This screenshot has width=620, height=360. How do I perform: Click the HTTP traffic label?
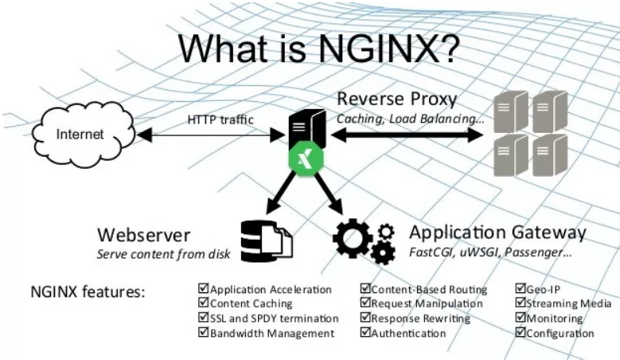(x=220, y=120)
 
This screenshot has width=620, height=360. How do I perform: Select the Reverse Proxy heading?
(x=396, y=100)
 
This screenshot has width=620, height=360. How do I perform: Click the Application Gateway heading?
(x=497, y=233)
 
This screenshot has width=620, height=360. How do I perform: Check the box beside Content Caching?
(x=203, y=303)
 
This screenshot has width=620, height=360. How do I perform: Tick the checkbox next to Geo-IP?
(x=521, y=289)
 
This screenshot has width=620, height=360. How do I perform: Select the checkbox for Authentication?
(x=365, y=333)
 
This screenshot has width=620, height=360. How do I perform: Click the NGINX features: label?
(x=88, y=292)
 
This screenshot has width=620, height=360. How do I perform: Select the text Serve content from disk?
(x=162, y=256)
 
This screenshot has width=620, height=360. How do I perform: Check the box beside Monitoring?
(x=521, y=319)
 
